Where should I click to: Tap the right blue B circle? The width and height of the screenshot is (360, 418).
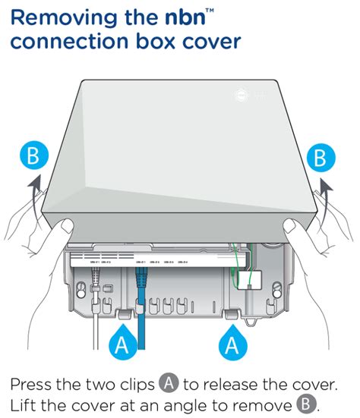point(320,158)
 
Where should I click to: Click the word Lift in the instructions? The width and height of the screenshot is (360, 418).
point(27,402)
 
